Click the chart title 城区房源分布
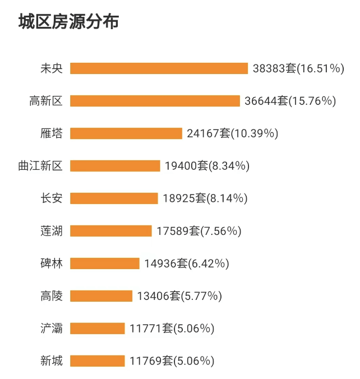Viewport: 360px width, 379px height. click(68, 22)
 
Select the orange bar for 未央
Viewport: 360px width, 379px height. click(159, 68)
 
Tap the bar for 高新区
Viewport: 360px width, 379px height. click(155, 101)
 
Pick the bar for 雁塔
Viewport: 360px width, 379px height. click(126, 133)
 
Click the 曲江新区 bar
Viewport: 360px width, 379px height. click(115, 166)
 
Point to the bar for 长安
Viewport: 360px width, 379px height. click(114, 198)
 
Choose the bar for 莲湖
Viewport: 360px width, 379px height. click(111, 231)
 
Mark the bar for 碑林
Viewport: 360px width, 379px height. click(105, 264)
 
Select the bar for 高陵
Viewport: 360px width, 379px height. click(101, 296)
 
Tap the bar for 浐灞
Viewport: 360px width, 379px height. click(98, 329)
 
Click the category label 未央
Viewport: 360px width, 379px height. click(52, 68)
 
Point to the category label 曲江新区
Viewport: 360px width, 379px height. click(40, 166)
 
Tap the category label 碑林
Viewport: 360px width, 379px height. click(52, 264)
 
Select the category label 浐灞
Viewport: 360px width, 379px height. click(52, 329)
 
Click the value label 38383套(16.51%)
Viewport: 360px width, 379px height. click(298, 68)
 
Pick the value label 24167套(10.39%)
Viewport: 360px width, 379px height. click(232, 133)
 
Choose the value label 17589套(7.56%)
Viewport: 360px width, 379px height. click(199, 231)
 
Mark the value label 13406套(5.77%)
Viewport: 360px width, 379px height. click(179, 296)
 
